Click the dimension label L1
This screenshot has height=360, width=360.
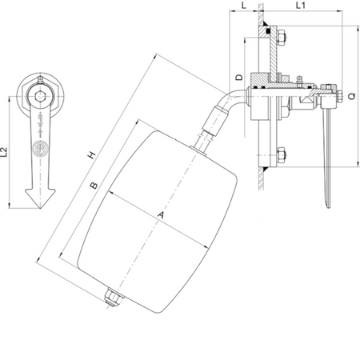300,5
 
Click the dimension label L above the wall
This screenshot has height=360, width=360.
244,5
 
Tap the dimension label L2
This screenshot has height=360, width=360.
4,152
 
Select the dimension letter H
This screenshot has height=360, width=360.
91,155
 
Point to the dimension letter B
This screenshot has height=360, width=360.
94,186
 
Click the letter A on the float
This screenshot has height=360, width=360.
161,215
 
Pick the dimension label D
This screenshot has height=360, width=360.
240,78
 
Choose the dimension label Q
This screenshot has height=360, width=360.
352,96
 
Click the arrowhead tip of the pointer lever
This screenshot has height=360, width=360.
40,208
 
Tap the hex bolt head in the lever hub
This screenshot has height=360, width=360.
40,96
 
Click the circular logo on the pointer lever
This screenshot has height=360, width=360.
40,147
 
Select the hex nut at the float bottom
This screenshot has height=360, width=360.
113,298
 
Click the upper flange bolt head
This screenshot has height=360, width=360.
282,37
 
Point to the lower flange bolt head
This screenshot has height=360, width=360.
282,154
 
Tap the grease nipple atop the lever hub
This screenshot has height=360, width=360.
40,79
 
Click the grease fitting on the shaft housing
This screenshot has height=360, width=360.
299,80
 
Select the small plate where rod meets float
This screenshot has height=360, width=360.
198,151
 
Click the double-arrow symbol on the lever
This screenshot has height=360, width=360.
40,122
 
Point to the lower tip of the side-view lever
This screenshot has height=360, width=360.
328,207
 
